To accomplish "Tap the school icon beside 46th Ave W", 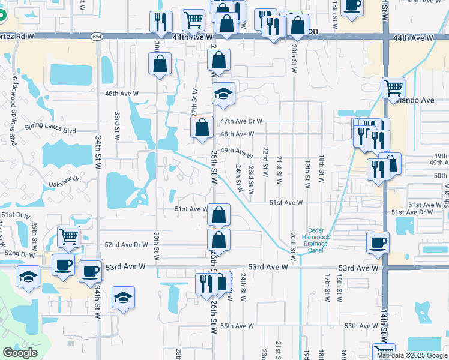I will [223, 94].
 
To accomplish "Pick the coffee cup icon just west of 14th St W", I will [378, 243].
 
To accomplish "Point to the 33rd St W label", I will [118, 122].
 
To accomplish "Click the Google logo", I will [20, 353].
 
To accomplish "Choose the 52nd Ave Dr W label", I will [126, 245].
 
